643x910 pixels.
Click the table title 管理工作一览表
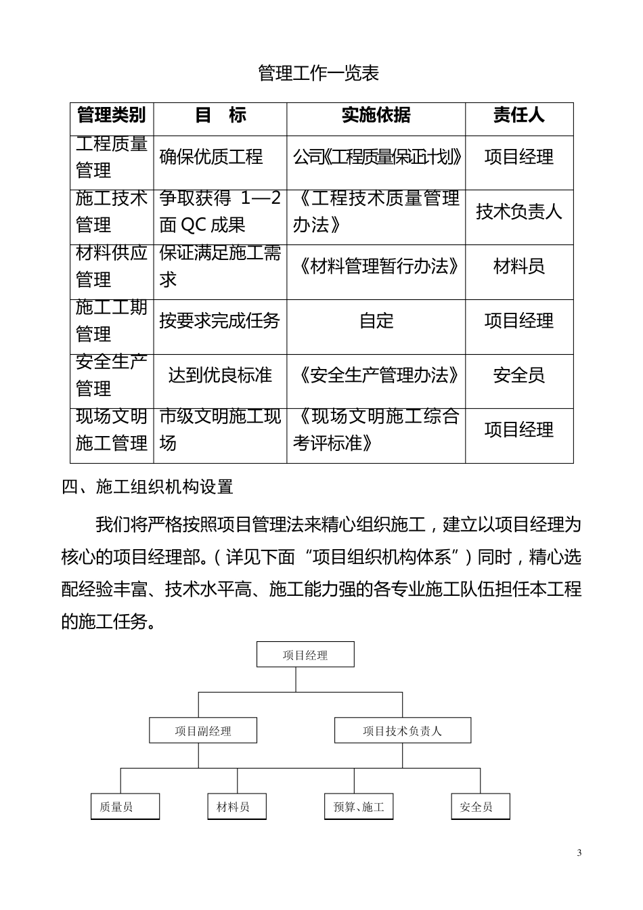tap(319, 73)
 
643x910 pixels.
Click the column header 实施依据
tap(376, 116)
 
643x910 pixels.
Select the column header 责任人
tap(518, 116)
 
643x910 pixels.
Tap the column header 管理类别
tap(112, 116)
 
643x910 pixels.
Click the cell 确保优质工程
tap(211, 157)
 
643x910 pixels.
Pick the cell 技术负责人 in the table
tap(518, 212)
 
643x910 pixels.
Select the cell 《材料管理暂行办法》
tap(376, 267)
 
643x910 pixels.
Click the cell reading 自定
tap(376, 321)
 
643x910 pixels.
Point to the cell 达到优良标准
tap(220, 375)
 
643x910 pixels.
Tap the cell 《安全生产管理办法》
tap(376, 375)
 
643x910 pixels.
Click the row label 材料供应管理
tap(112, 267)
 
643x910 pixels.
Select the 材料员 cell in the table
tap(518, 267)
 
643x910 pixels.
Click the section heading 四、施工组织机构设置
tap(148, 487)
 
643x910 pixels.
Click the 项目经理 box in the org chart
tap(305, 655)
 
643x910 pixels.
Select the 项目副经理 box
tap(203, 731)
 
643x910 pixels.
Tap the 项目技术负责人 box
tap(402, 731)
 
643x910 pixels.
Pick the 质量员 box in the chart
tap(125, 806)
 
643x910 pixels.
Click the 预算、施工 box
tap(359, 806)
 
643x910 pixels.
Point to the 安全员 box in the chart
tap(480, 806)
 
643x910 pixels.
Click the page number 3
tap(579, 852)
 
